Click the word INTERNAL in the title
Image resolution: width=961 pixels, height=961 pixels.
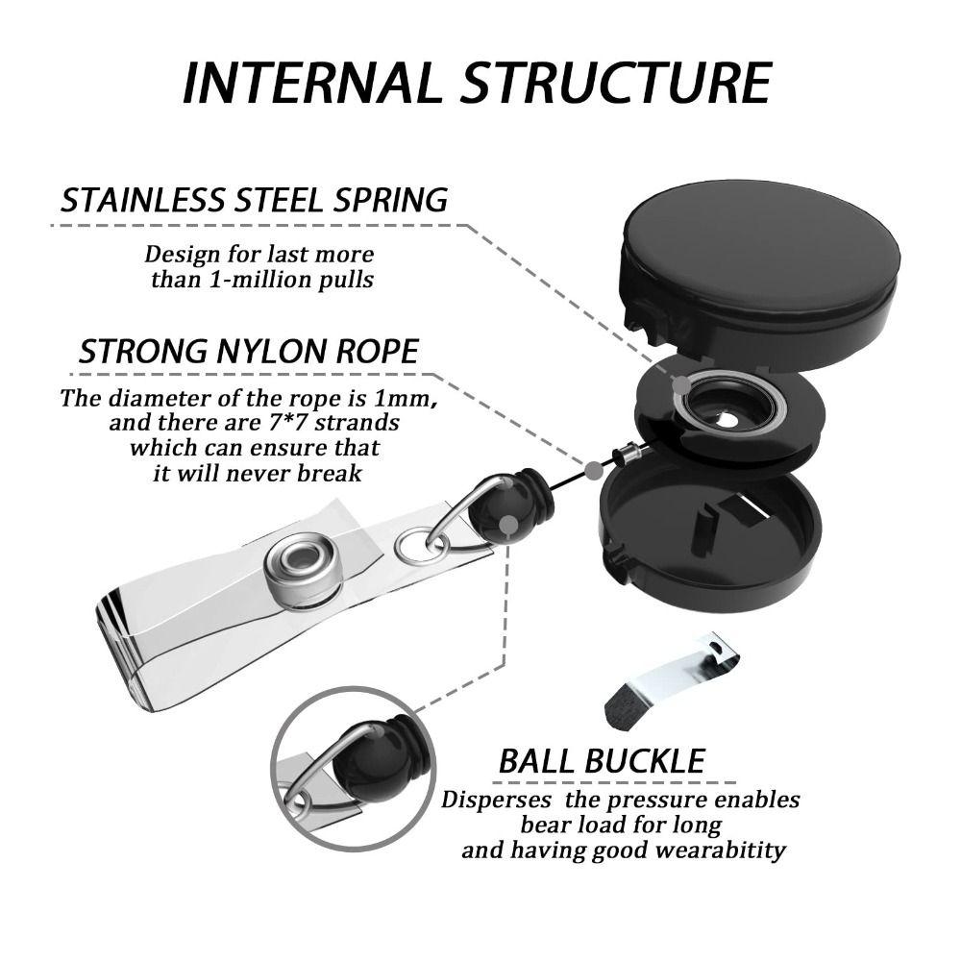pyautogui.click(x=312, y=83)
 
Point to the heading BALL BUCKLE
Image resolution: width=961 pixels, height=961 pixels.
pyautogui.click(x=602, y=762)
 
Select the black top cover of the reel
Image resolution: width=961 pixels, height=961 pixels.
pyautogui.click(x=761, y=270)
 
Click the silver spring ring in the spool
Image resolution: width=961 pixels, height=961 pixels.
pyautogui.click(x=727, y=402)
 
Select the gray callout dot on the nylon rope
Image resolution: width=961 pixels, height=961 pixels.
pyautogui.click(x=593, y=471)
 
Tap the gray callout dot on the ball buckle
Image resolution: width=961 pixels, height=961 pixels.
pyautogui.click(x=508, y=525)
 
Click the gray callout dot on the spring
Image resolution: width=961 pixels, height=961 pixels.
pyautogui.click(x=681, y=385)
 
